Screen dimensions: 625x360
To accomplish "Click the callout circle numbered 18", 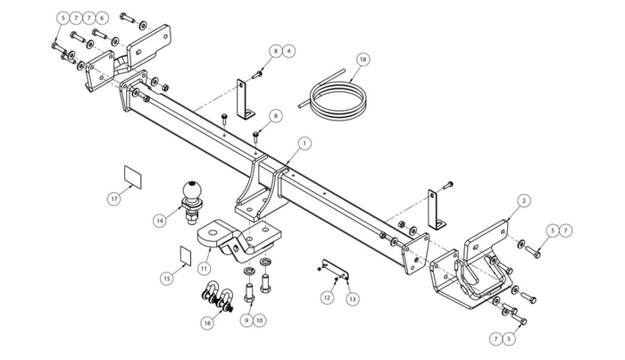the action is click(362, 59).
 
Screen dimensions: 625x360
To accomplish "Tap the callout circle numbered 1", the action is click(304, 144).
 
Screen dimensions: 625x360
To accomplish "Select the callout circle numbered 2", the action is click(524, 200).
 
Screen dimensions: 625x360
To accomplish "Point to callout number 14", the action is click(160, 221).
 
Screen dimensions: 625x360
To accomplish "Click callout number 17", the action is click(115, 198).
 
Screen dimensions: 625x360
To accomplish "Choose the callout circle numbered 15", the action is click(167, 278).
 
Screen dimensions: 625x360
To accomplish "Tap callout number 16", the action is click(207, 322).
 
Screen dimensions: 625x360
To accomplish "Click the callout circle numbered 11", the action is click(204, 269).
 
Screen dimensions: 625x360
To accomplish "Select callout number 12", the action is click(328, 297).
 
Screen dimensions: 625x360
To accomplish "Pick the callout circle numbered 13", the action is click(353, 298).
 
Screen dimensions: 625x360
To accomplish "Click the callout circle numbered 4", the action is click(289, 51).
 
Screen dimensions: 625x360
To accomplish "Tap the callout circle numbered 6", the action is click(102, 18).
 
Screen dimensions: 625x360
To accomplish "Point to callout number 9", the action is click(246, 320).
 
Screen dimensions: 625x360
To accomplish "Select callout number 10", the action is click(260, 320).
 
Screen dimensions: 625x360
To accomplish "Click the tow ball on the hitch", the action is click(193, 201).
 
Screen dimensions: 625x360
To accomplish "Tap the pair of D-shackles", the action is click(219, 297).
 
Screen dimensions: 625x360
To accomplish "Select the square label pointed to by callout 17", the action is click(133, 177).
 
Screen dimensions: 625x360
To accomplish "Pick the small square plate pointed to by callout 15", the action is click(186, 255).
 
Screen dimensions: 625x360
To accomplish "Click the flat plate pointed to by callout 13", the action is click(335, 269).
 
